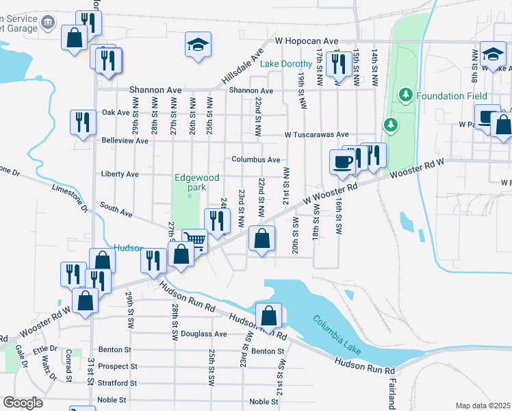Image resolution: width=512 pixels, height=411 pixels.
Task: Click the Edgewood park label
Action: tap(196, 182)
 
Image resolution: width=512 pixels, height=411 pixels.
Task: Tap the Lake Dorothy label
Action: tap(286, 64)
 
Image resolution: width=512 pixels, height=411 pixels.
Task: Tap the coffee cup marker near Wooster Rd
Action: tap(342, 162)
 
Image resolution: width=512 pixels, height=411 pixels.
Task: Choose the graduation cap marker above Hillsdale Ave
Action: tap(199, 45)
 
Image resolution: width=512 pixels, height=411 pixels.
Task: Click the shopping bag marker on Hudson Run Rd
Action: tap(269, 315)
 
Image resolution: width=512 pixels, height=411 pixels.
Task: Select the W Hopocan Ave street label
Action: tap(307, 41)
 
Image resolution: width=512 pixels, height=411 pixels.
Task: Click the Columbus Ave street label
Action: tap(255, 160)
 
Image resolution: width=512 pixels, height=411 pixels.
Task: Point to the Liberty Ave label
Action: tap(120, 174)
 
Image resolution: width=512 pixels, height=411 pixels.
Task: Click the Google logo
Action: tap(23, 403)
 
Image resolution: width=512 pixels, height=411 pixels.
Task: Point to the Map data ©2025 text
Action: tap(483, 406)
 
